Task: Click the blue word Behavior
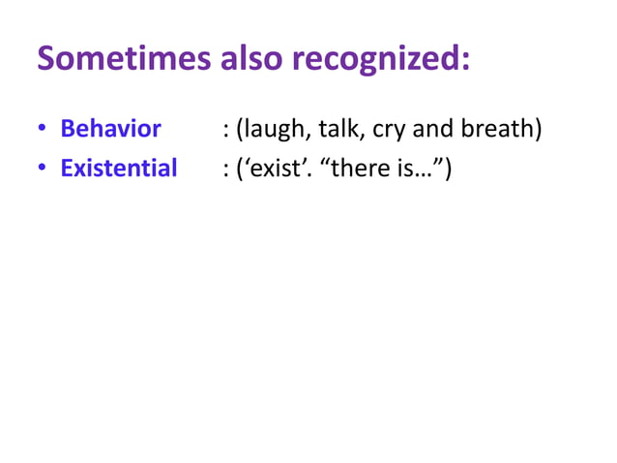click(110, 129)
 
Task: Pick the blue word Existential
click(119, 169)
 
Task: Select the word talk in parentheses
click(333, 129)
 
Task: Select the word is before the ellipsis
click(407, 169)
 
